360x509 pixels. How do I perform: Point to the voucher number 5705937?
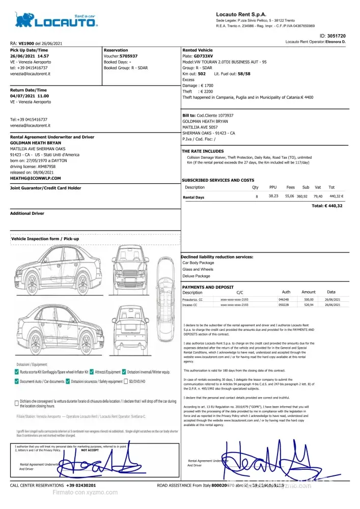pyautogui.click(x=128, y=56)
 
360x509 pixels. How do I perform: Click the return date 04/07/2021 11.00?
pyautogui.click(x=30, y=96)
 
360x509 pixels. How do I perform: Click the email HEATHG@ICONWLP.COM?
pyautogui.click(x=35, y=178)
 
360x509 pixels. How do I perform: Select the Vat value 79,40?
pyautogui.click(x=318, y=196)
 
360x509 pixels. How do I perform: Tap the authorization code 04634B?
pyautogui.click(x=284, y=299)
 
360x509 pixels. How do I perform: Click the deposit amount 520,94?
pyautogui.click(x=309, y=304)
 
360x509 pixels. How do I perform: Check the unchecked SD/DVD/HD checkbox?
pyautogui.click(x=125, y=381)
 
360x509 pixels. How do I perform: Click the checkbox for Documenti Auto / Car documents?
pyautogui.click(x=17, y=381)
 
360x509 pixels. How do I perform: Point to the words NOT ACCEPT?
pyautogui.click(x=90, y=450)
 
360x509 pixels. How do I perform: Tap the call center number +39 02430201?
pyautogui.click(x=81, y=486)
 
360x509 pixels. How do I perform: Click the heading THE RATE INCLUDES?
pyautogui.click(x=203, y=151)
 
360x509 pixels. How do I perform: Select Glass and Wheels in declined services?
pyautogui.click(x=198, y=269)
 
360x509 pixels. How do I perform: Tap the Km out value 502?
pyautogui.click(x=202, y=74)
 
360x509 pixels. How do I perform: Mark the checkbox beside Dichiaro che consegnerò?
pyautogui.click(x=17, y=403)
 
